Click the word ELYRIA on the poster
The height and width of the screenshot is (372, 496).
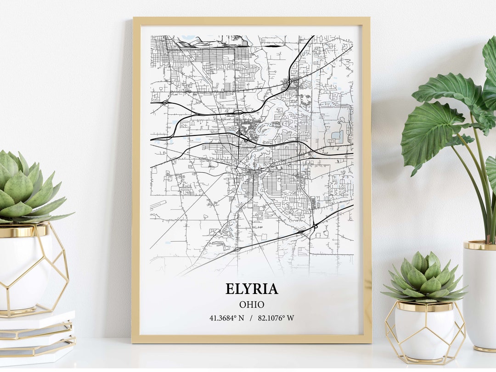pos(252,289)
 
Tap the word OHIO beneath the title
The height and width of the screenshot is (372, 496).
pos(252,304)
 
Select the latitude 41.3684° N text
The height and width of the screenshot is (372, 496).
pos(227,318)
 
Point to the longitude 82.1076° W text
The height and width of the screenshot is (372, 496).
pos(276,318)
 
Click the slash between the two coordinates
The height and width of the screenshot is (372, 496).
pos(251,318)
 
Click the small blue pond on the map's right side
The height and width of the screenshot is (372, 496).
pos(337,135)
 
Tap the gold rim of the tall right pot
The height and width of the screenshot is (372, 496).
pos(479,245)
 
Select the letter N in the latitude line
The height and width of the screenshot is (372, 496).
pos(241,318)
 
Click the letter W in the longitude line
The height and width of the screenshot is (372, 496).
pos(291,318)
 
